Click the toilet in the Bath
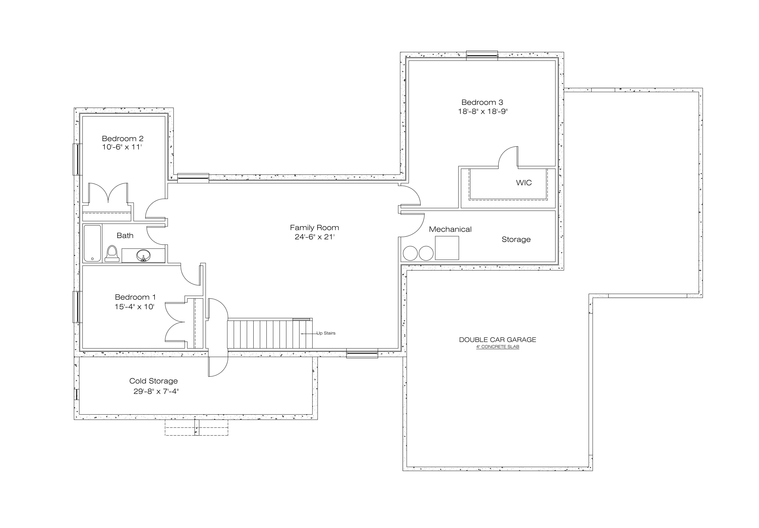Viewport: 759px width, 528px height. (x=112, y=254)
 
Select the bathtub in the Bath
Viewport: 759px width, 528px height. (x=92, y=244)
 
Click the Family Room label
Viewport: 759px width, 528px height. (x=314, y=228)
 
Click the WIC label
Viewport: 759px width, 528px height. (x=524, y=183)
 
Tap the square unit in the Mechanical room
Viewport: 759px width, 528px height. (x=447, y=248)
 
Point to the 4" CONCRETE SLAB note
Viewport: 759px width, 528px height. (x=498, y=347)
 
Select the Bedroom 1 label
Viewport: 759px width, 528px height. (x=135, y=297)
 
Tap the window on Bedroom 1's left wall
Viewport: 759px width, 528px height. (x=77, y=307)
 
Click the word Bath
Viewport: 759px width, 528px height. (x=125, y=236)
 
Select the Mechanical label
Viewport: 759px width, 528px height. (x=450, y=229)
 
